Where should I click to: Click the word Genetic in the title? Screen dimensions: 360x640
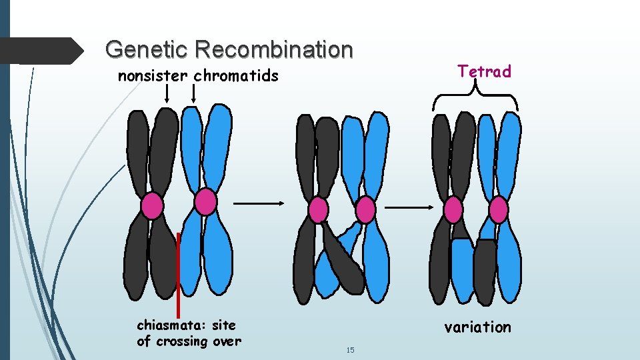point(135,49)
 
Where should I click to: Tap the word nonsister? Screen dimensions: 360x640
point(153,76)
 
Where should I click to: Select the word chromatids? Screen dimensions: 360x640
point(236,76)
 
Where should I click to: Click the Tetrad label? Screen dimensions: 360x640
point(484,71)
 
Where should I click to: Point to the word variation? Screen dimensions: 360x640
point(478,327)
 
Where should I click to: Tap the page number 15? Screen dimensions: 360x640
point(350,350)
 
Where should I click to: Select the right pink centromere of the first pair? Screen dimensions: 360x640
point(205,201)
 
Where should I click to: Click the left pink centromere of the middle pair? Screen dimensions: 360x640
point(319,210)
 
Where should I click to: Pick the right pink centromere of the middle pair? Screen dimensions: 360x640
point(365,210)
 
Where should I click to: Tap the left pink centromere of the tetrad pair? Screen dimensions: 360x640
point(453,210)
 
